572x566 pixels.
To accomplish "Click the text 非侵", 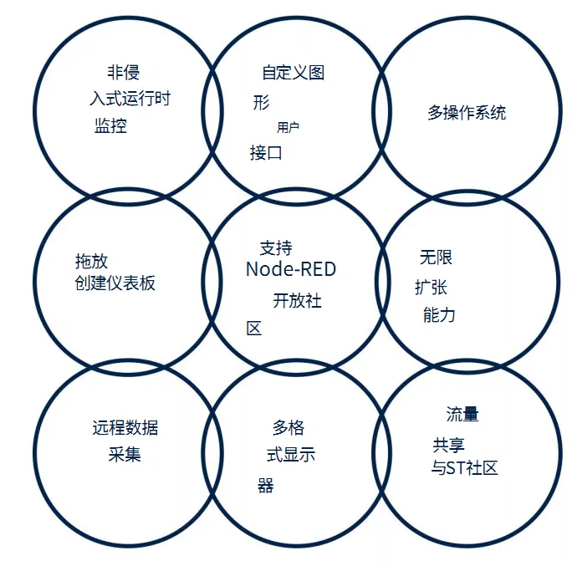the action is [123, 72].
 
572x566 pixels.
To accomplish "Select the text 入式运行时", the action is [130, 99].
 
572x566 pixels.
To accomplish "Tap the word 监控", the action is [110, 126].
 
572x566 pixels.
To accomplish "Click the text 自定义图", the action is [293, 73].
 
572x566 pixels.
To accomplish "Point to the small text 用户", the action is [288, 128].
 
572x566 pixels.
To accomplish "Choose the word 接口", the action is [266, 153].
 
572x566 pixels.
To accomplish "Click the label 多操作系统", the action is [466, 113].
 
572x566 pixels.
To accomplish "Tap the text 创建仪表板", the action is [115, 283].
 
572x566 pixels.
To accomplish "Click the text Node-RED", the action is [290, 269].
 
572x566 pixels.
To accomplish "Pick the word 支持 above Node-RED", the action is [276, 247].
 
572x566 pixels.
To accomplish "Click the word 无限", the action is [436, 258].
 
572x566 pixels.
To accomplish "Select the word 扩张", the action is [431, 287].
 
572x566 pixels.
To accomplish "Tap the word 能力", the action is [439, 315].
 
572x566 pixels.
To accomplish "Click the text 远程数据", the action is [125, 428].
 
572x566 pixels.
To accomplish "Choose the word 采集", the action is [125, 455].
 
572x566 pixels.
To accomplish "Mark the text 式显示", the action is [285, 456].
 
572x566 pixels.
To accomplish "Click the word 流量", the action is [462, 415].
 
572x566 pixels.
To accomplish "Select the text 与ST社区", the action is [464, 468].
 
